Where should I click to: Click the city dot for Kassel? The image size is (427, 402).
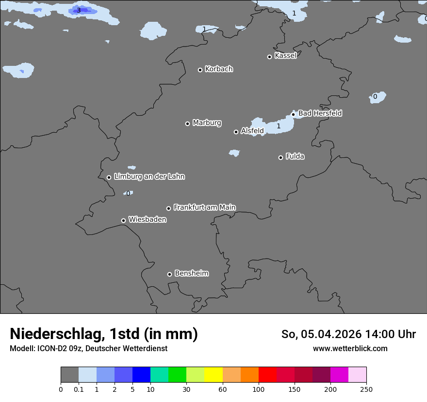point(269,57)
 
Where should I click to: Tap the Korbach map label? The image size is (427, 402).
point(219,69)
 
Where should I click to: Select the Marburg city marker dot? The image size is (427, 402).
point(187,124)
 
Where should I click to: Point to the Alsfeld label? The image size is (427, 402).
point(252,131)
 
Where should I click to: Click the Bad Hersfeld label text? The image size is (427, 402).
point(320,113)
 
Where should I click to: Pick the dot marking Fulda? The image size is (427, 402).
point(280,157)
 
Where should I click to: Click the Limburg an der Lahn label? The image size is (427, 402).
point(149,177)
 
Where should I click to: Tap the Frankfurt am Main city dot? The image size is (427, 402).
point(168,208)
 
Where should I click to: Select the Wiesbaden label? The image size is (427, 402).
point(148,220)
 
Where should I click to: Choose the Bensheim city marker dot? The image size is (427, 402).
point(169,274)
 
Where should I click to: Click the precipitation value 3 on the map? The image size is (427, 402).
point(79,10)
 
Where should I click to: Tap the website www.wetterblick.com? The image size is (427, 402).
point(350,348)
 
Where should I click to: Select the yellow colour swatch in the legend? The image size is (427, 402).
point(213,375)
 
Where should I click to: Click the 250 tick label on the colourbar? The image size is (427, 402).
point(366,389)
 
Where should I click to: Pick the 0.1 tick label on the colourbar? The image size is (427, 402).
point(79,389)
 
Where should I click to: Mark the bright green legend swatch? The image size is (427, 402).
point(177,375)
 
